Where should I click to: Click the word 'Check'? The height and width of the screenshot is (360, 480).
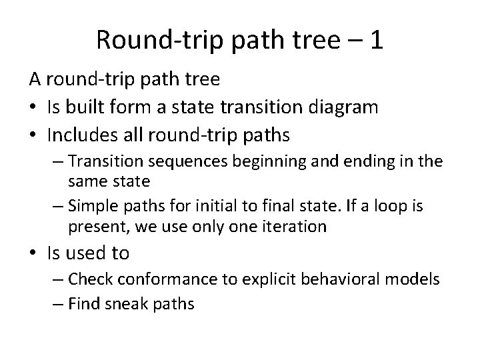[x=91, y=279]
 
